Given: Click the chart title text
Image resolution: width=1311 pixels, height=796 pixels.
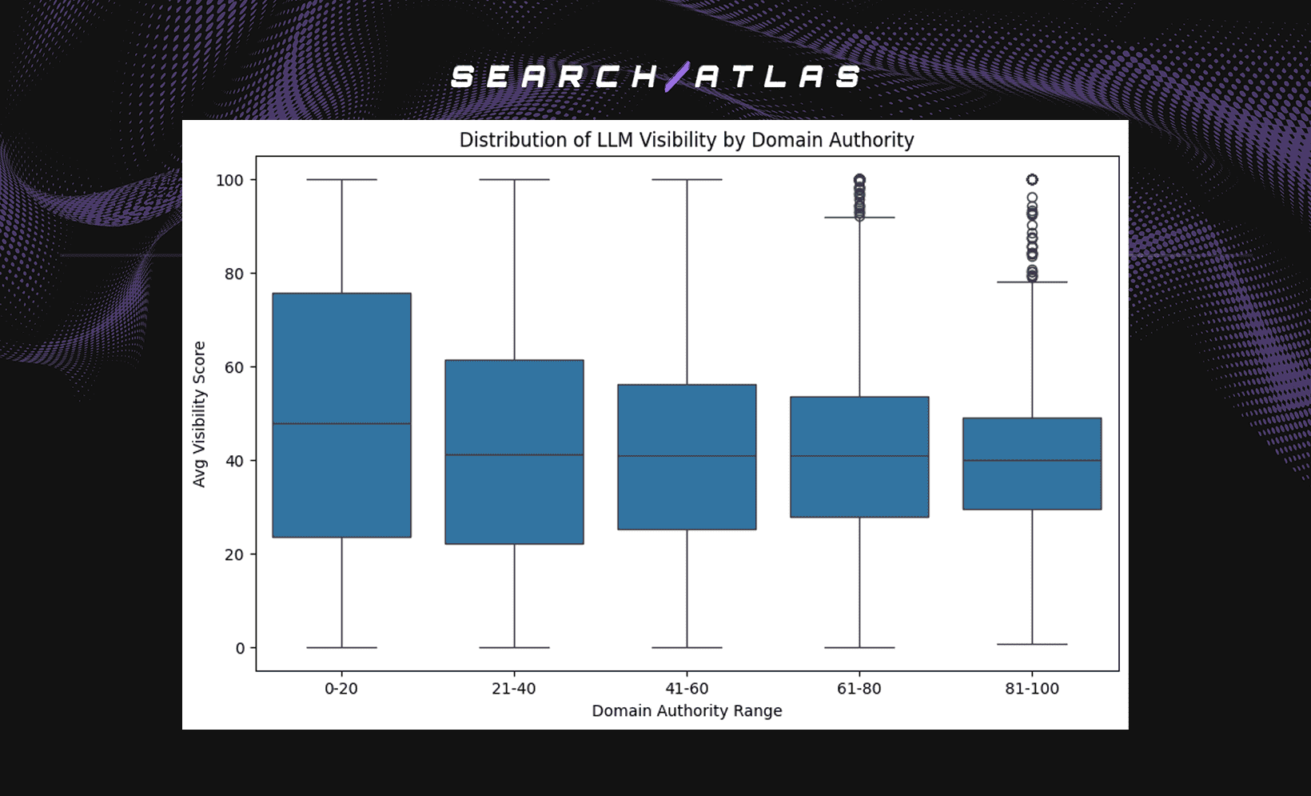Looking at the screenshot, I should click(686, 140).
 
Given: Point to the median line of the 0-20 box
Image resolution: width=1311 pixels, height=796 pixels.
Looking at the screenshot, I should click(341, 423).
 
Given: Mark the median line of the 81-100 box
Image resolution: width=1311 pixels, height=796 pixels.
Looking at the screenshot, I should click(1032, 460).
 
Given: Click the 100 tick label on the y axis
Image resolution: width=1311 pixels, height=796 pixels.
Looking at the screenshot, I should click(229, 180).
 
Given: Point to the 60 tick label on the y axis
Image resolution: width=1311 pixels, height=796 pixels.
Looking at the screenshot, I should click(233, 367).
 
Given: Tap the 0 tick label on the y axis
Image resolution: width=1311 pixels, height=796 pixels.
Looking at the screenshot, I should click(240, 648).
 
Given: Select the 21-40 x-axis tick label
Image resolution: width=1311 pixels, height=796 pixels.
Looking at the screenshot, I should click(514, 688).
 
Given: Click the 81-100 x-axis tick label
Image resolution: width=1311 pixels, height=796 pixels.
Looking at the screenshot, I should click(1032, 688).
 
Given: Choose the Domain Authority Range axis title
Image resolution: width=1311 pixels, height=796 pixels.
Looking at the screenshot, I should click(687, 710).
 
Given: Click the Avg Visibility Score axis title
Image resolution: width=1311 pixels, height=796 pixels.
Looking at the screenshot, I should click(199, 414).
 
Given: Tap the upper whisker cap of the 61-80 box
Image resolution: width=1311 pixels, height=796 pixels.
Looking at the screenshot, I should click(859, 218).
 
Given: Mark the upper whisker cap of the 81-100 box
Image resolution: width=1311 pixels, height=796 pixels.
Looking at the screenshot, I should click(1032, 282).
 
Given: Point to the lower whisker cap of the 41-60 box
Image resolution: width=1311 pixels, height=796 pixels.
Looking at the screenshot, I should click(687, 647).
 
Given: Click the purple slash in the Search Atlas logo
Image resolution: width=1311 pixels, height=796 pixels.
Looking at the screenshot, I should click(677, 77).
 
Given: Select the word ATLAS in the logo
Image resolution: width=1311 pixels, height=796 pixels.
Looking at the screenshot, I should click(778, 77).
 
